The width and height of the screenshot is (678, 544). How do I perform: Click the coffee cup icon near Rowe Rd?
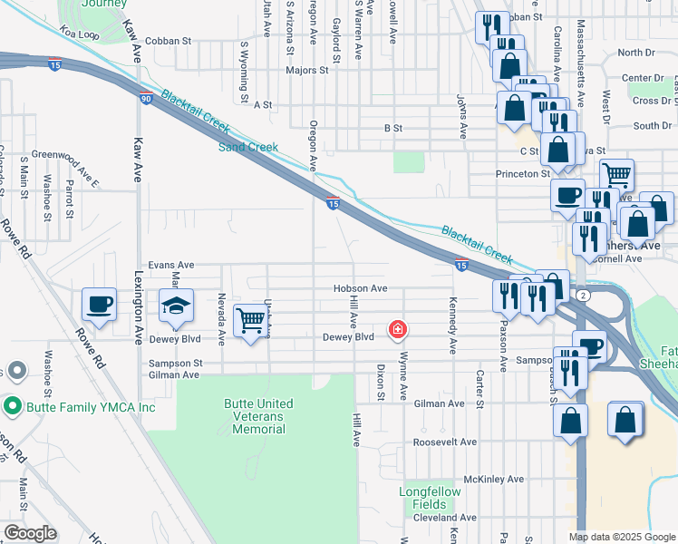[x=99, y=305]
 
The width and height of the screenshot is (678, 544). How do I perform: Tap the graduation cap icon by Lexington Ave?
[x=177, y=306]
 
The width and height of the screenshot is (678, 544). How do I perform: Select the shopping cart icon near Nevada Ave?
[x=250, y=320]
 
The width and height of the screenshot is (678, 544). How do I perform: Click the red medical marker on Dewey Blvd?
[x=397, y=328]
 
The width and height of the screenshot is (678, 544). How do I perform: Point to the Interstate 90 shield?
[x=145, y=98]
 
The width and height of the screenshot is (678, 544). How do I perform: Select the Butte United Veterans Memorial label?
[x=258, y=416]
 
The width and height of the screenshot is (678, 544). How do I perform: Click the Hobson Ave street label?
[x=360, y=288]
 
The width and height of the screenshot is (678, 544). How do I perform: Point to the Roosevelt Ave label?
[x=444, y=442]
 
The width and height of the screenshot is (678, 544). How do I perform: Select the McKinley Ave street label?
[x=493, y=479]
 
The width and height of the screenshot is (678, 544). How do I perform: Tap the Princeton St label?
[x=522, y=173]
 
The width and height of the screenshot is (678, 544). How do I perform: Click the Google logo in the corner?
[x=30, y=533]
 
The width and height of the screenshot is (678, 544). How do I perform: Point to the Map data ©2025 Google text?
[x=622, y=537]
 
